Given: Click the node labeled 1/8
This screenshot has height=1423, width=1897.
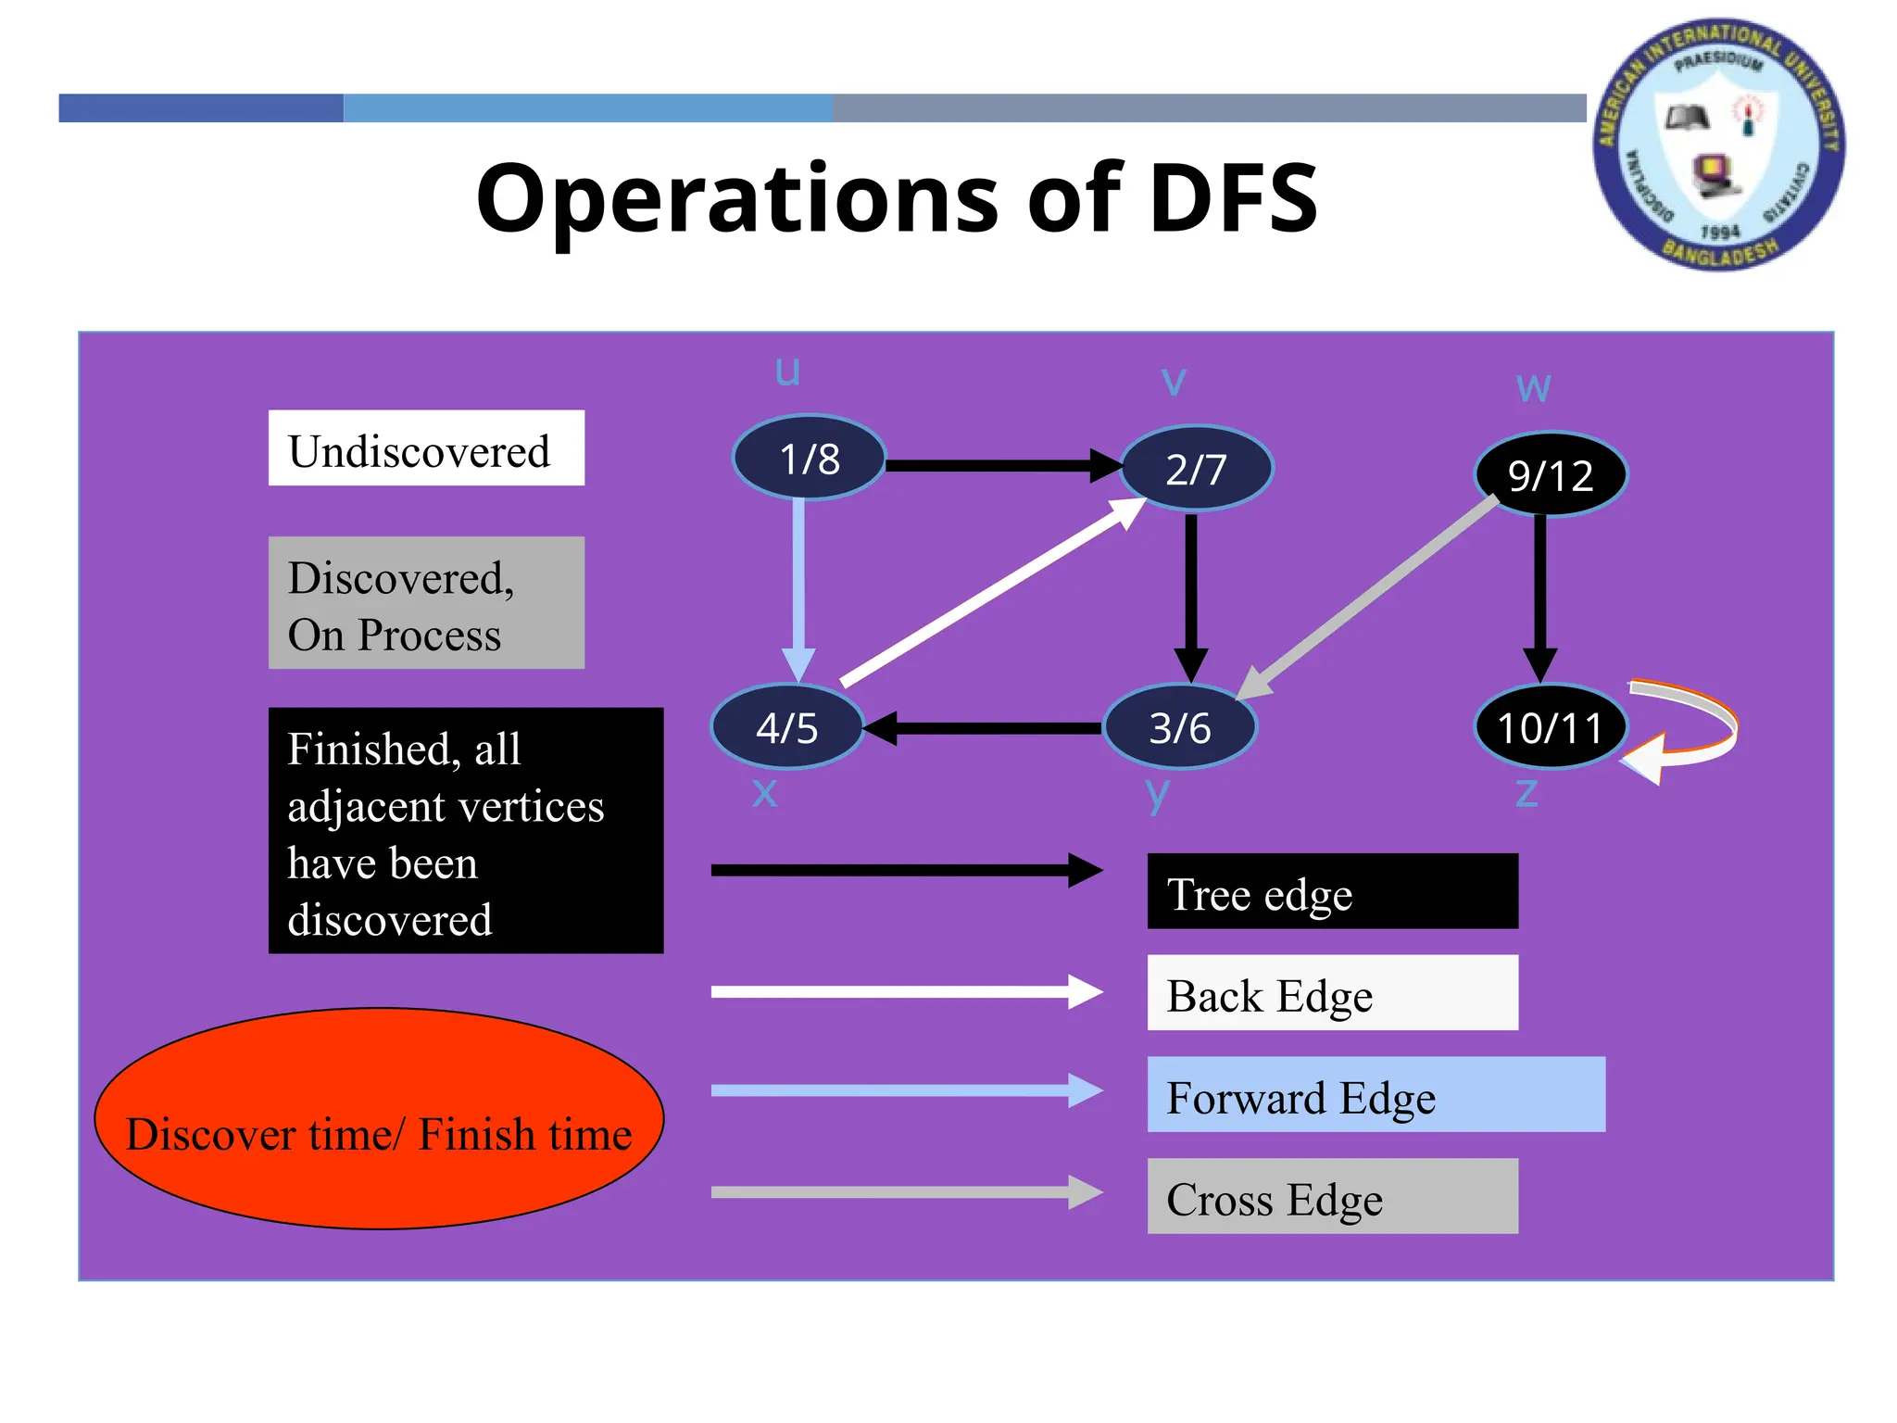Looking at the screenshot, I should tap(809, 458).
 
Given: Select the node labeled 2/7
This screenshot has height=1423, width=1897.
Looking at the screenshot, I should tap(1196, 469).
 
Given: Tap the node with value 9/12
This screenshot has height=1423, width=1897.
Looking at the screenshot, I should tap(1550, 475).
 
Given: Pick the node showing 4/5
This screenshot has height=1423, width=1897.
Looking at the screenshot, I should tap(786, 727).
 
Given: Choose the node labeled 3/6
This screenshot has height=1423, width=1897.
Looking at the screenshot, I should tap(1179, 727).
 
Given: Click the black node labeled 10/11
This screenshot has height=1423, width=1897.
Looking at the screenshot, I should tap(1550, 727).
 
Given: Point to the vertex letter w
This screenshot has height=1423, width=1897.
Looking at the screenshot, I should tap(1533, 387).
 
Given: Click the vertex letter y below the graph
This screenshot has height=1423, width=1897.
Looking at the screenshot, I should tap(1157, 793).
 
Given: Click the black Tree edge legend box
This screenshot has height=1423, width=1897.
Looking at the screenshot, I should tap(1332, 891).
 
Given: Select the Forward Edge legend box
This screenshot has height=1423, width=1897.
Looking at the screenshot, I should tap(1375, 1094).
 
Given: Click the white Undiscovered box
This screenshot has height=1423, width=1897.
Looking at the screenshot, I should tap(426, 448).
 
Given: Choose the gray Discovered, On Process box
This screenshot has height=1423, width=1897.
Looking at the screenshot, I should tap(426, 603).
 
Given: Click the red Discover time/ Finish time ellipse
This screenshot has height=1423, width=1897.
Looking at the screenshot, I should tap(379, 1119).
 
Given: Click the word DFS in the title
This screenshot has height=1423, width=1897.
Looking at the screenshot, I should tap(1232, 197).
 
